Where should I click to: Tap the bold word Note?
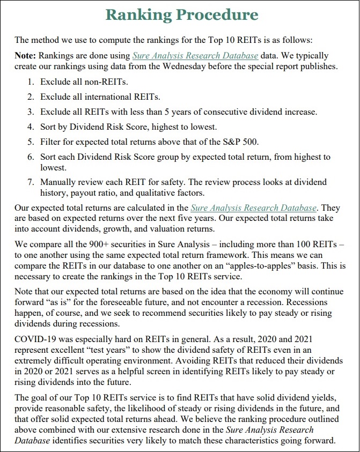(26, 55)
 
